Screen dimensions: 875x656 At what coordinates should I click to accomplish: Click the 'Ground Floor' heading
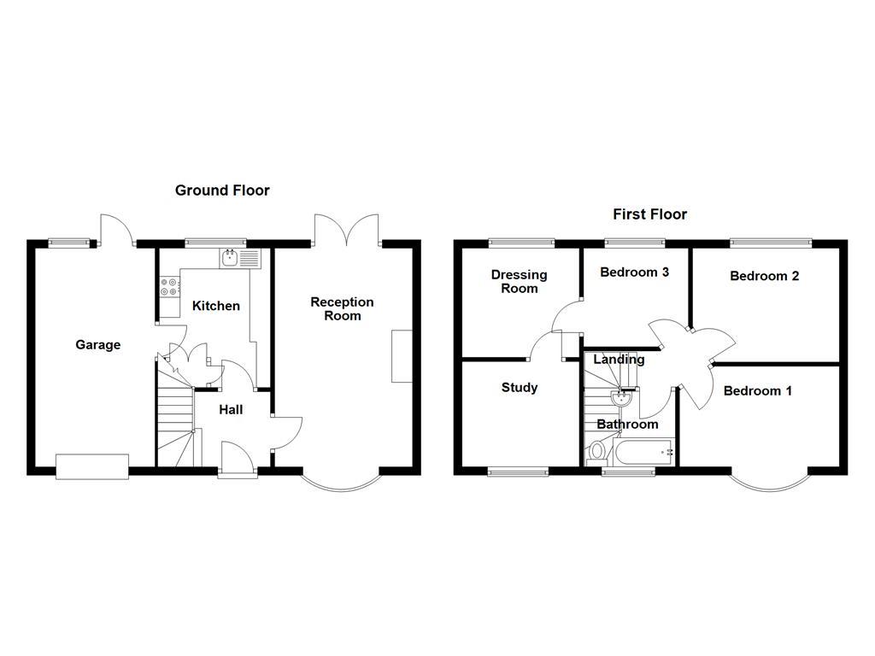coord(222,190)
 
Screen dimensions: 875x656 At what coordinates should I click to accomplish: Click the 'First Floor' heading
coord(649,214)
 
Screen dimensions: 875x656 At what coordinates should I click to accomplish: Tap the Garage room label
coord(97,345)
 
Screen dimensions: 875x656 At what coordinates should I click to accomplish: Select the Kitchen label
coord(216,306)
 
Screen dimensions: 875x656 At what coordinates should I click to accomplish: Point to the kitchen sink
coord(240,258)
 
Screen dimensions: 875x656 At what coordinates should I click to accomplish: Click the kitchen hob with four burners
coord(169,287)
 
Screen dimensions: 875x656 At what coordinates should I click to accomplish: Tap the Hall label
coord(231,410)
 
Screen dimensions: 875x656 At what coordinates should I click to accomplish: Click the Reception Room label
coord(342,309)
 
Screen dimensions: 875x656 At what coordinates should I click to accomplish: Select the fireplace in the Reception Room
coord(402,356)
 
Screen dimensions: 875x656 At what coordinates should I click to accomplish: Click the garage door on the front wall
coord(92,466)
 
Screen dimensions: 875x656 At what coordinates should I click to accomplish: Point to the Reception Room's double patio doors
coord(347,230)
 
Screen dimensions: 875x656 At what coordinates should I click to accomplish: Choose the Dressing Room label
coord(519,282)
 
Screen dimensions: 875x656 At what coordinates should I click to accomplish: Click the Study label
coord(519,388)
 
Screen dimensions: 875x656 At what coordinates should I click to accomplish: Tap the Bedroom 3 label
coord(634,272)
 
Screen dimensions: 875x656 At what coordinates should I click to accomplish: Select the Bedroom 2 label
coord(764,276)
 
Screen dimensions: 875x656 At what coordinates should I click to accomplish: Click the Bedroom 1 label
coord(757,391)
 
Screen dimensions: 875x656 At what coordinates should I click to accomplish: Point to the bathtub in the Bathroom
coord(643,451)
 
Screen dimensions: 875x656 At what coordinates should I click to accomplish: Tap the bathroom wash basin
coord(620,399)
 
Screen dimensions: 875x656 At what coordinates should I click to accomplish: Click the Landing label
coord(619,360)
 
